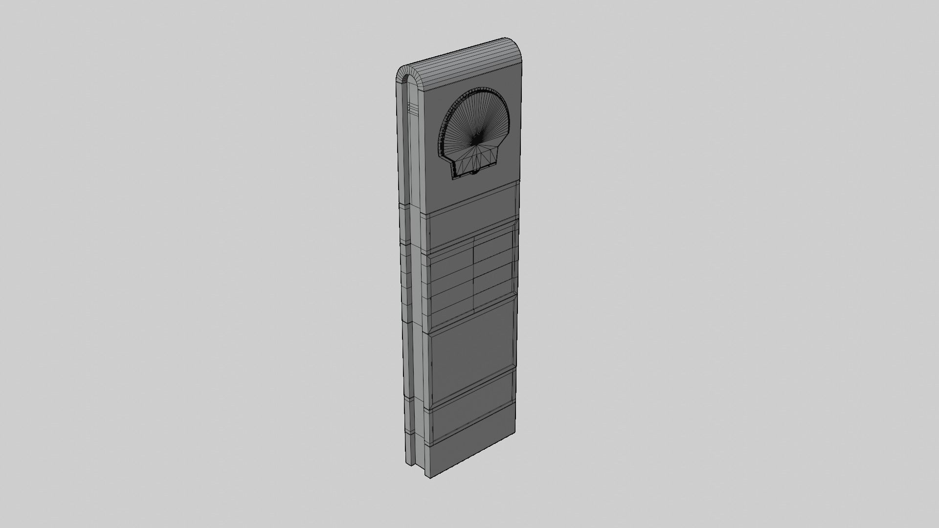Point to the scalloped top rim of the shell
tap(477, 93)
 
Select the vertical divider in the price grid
tap(474, 274)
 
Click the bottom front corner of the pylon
tap(430, 477)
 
